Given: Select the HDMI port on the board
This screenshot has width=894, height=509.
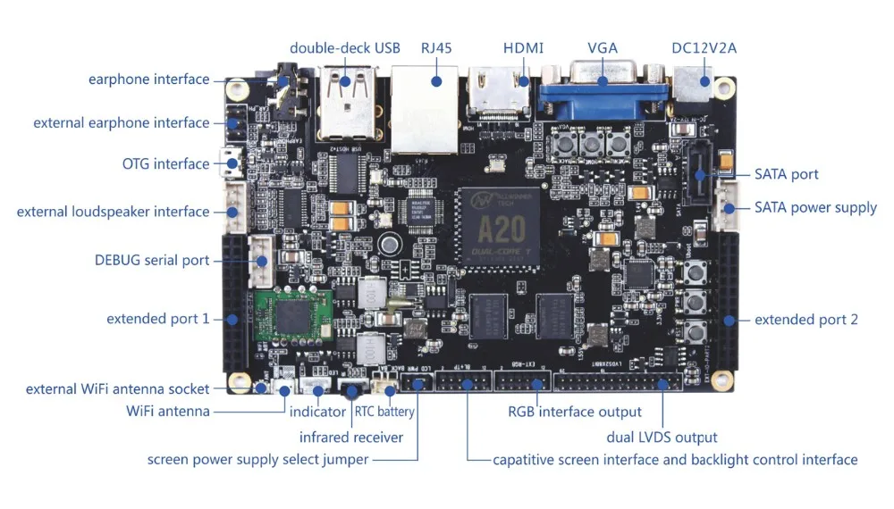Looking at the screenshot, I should (x=496, y=94).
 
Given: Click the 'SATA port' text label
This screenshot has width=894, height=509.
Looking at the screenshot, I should (x=786, y=174).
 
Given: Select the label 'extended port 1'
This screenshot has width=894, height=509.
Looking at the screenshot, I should (x=157, y=319).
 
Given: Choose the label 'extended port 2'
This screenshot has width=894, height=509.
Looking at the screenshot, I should (x=806, y=319).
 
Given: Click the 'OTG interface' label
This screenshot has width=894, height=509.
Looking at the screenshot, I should (x=165, y=163).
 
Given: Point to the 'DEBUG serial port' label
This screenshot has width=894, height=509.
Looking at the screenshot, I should (x=152, y=260).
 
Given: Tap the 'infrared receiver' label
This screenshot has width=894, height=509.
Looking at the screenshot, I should (x=351, y=437).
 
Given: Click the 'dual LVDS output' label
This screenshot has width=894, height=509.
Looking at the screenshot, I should (x=662, y=437).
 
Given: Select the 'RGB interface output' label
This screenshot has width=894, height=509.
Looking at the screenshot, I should (x=575, y=412).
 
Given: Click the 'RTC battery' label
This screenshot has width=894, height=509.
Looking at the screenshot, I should (x=384, y=412).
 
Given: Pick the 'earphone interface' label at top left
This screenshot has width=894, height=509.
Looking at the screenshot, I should (x=148, y=79).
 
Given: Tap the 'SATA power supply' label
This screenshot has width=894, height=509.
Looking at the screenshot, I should (x=815, y=207).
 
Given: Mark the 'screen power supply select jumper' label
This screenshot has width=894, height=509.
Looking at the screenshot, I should (x=257, y=460).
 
